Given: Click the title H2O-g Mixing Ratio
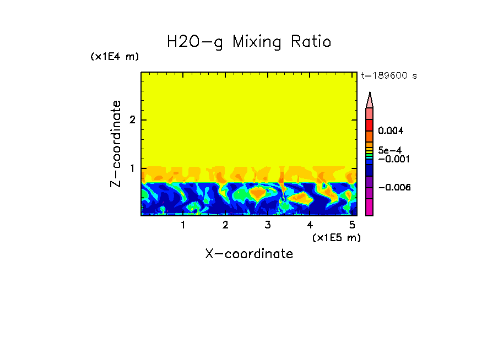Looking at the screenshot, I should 249,42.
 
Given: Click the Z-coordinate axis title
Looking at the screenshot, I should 116,144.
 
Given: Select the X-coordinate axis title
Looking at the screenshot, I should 249,254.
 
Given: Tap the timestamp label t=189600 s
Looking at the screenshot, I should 388,76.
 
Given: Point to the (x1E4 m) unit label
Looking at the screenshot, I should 115,57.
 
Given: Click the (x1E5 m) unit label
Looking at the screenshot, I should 336,238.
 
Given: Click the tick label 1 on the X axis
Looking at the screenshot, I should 183,225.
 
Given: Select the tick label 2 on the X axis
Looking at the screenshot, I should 225,225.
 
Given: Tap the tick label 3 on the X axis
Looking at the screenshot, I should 267,225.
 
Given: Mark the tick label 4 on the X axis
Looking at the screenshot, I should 310,225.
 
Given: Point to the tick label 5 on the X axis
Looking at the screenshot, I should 351,225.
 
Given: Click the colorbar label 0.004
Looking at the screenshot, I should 391,131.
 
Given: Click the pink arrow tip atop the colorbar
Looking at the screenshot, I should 370,100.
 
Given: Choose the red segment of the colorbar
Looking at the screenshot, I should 370,124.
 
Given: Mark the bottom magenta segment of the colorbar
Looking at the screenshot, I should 370,208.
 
